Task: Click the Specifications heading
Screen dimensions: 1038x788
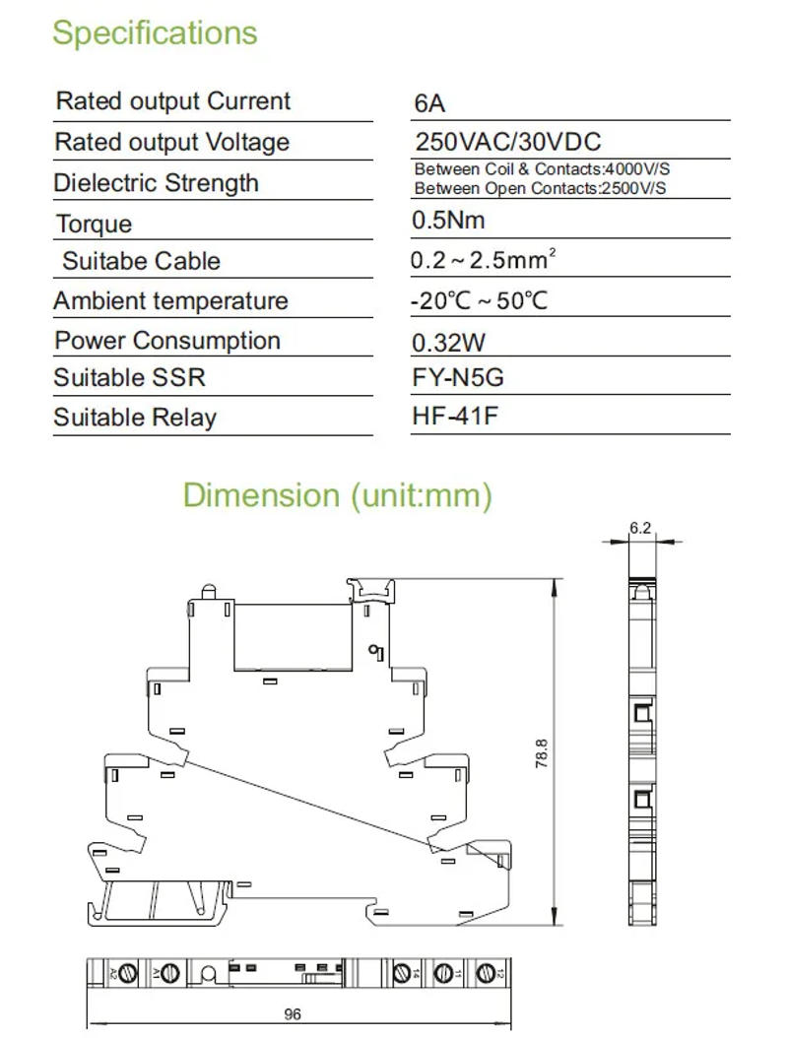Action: click(155, 32)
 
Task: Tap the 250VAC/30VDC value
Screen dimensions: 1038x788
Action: click(507, 141)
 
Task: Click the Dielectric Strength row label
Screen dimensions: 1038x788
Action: click(156, 183)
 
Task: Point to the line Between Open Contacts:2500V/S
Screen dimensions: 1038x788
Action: click(539, 188)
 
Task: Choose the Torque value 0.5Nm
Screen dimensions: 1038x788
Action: click(448, 221)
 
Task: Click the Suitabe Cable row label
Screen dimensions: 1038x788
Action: click(141, 262)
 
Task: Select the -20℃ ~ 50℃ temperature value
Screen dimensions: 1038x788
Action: click(479, 300)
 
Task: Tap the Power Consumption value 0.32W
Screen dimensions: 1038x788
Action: click(449, 342)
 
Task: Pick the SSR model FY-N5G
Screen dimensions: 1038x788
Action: click(458, 378)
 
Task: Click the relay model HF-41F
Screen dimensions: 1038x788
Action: click(455, 417)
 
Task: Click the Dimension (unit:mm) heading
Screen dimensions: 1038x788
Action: click(337, 494)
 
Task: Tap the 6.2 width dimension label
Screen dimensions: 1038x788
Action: click(640, 529)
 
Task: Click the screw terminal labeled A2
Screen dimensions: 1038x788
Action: click(127, 973)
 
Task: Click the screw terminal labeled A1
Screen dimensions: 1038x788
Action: click(168, 973)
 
